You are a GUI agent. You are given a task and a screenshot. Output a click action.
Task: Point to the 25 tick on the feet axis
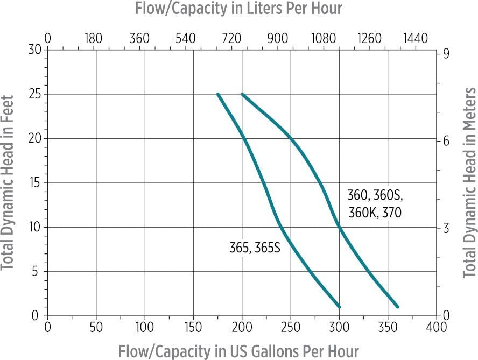(x=36, y=94)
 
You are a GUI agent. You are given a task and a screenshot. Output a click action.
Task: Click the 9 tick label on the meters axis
(x=446, y=54)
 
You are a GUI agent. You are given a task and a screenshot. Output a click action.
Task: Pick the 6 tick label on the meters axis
(x=446, y=141)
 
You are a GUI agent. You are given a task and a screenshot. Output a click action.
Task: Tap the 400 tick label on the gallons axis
(x=436, y=327)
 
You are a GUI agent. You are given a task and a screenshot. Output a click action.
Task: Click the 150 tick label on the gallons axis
(x=193, y=327)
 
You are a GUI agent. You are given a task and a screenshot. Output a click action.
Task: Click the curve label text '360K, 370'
(x=375, y=213)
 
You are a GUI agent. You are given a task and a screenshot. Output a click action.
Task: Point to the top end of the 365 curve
(x=218, y=94)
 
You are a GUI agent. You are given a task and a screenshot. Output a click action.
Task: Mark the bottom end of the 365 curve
(x=339, y=307)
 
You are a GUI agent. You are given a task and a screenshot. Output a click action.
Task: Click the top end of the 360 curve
(x=242, y=94)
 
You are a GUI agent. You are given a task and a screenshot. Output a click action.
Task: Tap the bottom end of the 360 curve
(x=397, y=307)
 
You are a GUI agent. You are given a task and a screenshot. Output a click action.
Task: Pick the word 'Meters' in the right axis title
(x=469, y=108)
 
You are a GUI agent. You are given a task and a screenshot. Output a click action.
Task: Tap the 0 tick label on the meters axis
(x=446, y=315)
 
